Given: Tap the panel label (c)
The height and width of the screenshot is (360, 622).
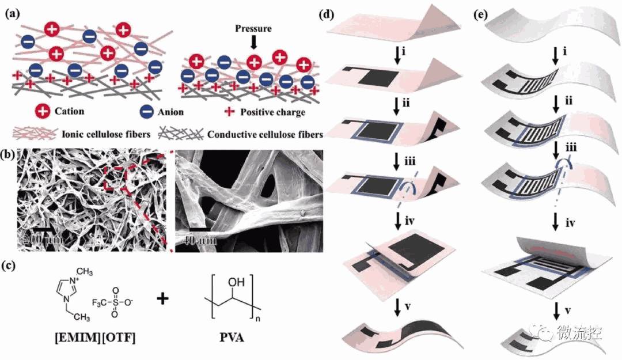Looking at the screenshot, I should point(12,266).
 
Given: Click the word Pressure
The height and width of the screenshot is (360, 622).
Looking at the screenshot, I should point(253,28).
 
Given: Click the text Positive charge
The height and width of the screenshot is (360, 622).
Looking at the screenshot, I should point(274,111).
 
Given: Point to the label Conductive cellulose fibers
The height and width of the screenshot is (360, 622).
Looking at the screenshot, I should point(264,134).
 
